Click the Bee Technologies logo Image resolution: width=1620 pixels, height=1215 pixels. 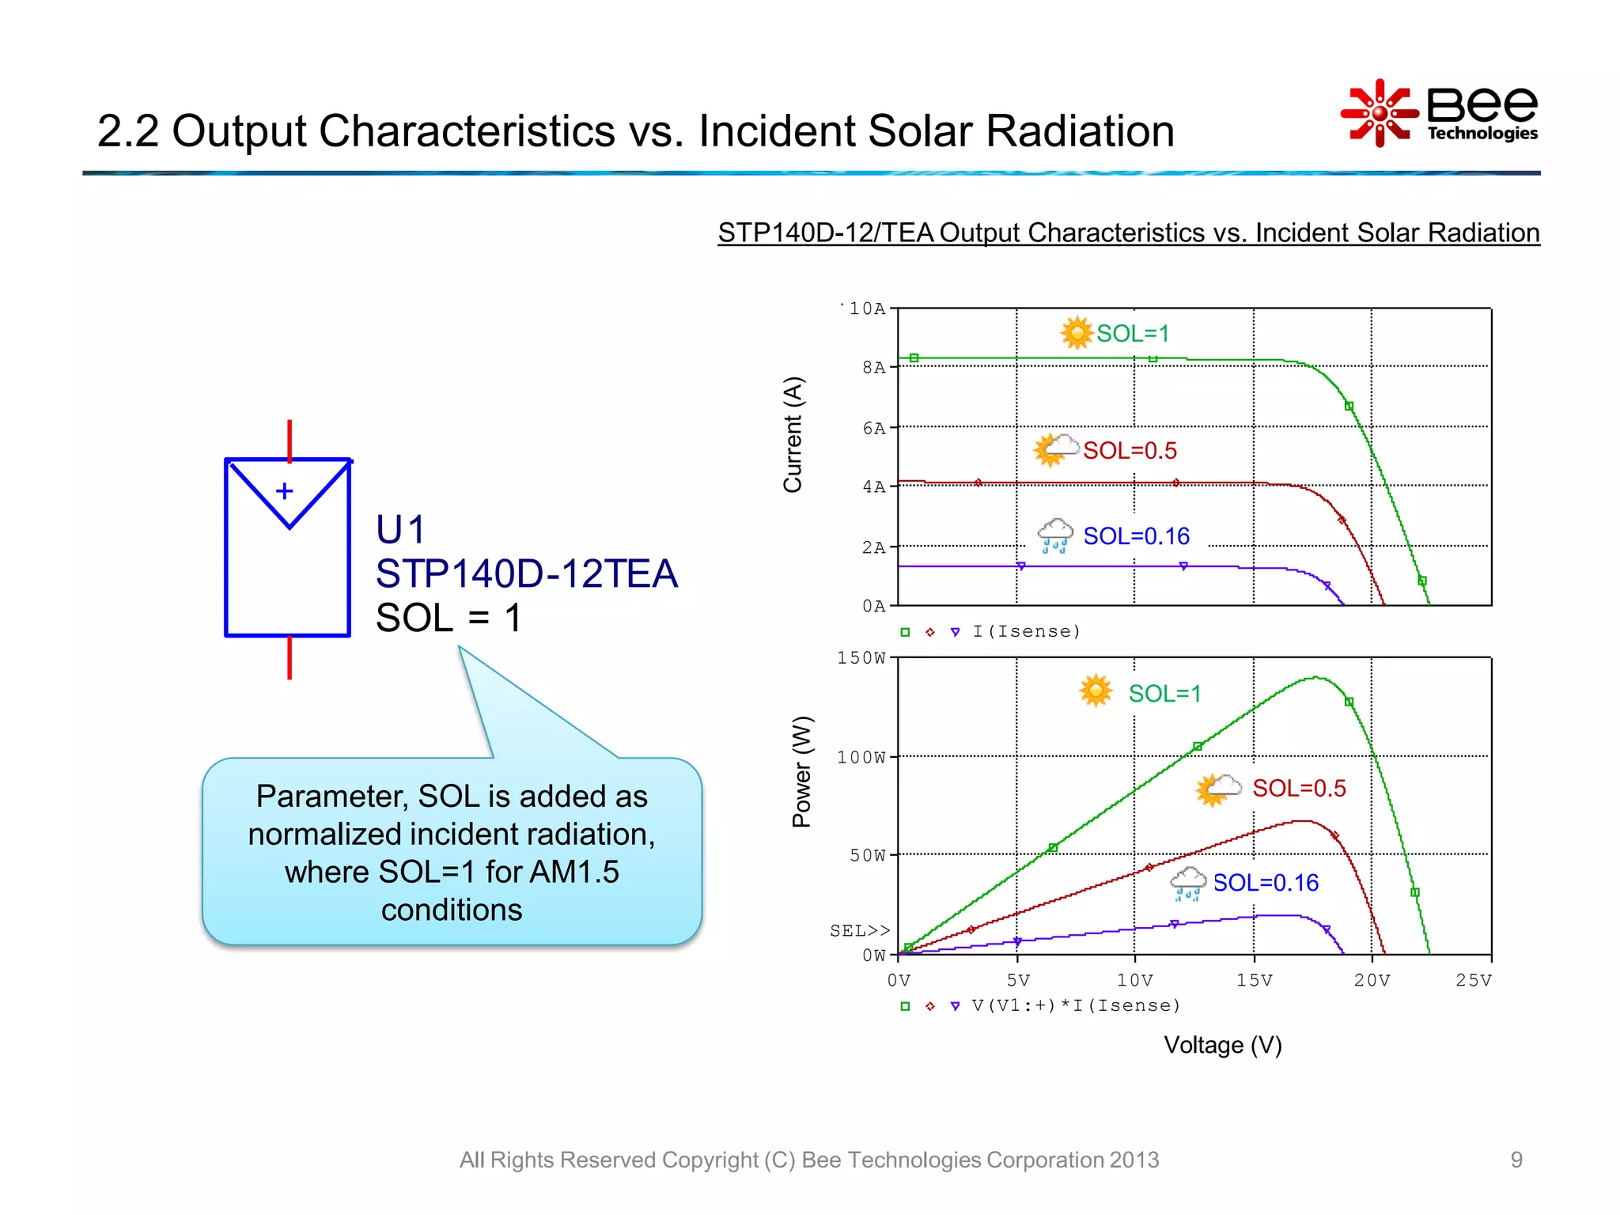coord(1439,113)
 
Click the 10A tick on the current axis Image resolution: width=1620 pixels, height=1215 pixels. coord(867,308)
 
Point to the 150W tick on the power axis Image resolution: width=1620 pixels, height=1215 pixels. coord(861,658)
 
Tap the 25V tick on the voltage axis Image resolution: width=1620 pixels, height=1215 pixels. coord(1473,980)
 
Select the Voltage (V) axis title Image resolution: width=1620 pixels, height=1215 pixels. coord(1222,1045)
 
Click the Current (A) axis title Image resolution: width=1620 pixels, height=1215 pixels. coord(793,434)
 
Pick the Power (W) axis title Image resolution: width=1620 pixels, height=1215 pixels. coord(801,771)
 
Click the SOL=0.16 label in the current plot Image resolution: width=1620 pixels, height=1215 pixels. coord(1136,536)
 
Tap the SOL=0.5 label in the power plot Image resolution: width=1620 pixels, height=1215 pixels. coord(1299,788)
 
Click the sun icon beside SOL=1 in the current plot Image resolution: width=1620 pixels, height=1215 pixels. coord(1076,333)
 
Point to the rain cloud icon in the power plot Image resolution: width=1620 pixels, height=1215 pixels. coord(1187,883)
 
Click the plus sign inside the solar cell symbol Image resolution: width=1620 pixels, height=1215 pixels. coord(285,491)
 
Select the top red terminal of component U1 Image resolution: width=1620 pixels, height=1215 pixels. coord(290,440)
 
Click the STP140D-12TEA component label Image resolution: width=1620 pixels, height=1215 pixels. coord(526,573)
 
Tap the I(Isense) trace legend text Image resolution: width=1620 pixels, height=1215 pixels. coord(1026,631)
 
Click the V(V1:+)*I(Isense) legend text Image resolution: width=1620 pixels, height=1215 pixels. coord(1076,1005)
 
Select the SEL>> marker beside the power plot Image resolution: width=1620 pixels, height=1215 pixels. coord(859,930)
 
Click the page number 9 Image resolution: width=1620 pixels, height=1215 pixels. coord(1516,1160)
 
